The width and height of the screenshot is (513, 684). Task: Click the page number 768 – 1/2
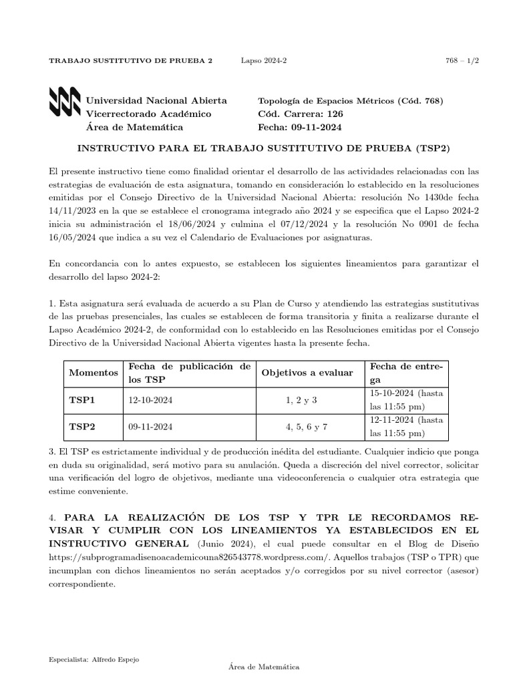462,61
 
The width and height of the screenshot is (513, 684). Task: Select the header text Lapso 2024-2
263,61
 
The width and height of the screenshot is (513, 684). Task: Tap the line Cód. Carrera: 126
300,114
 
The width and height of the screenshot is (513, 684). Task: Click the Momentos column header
94,373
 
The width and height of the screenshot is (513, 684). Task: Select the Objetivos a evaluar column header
307,373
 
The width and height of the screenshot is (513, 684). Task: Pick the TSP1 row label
82,400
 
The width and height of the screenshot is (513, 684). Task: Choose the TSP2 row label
82,426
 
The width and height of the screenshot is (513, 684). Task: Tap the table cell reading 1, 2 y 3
301,400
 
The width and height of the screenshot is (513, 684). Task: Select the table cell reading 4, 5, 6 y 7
307,426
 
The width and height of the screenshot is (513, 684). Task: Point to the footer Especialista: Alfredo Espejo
94,659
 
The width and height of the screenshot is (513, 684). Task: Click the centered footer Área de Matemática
263,667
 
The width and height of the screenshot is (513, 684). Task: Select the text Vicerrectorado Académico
148,114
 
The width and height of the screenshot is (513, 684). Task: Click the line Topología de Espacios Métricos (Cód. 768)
350,101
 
